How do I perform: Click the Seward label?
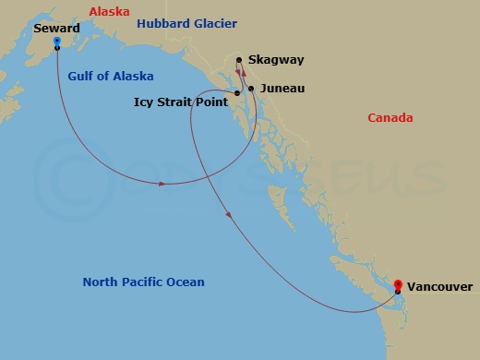(55, 29)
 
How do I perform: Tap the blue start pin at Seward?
(57, 42)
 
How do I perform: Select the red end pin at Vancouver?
(398, 285)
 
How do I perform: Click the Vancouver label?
(439, 287)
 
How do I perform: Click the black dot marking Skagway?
(239, 61)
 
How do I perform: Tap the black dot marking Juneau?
(251, 90)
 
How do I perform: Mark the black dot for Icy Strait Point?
(237, 93)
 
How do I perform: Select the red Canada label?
(390, 118)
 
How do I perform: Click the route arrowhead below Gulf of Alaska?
(162, 184)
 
